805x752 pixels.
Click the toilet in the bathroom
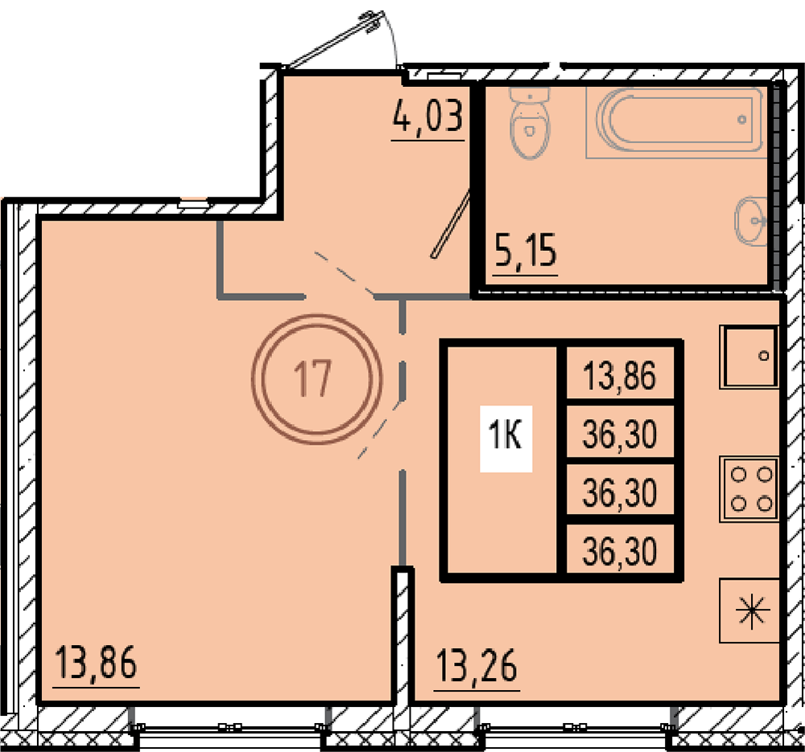(530, 122)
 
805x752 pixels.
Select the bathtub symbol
(677, 122)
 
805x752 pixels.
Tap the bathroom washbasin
(751, 220)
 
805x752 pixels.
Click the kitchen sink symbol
(749, 356)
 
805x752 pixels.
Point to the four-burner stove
(749, 489)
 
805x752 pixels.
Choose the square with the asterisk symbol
(749, 610)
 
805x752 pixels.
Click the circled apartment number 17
(316, 379)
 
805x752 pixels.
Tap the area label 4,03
(428, 117)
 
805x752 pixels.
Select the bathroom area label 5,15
(526, 252)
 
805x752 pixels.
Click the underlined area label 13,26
(477, 666)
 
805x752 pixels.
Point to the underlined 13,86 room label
(96, 663)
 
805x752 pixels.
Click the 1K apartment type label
(506, 438)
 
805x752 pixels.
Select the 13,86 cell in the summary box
(620, 376)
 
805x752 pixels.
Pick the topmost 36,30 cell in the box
(620, 434)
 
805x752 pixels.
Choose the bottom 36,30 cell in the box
(620, 551)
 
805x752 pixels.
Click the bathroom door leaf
(451, 224)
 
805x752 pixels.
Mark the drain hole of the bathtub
(742, 120)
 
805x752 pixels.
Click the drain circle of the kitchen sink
(763, 355)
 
